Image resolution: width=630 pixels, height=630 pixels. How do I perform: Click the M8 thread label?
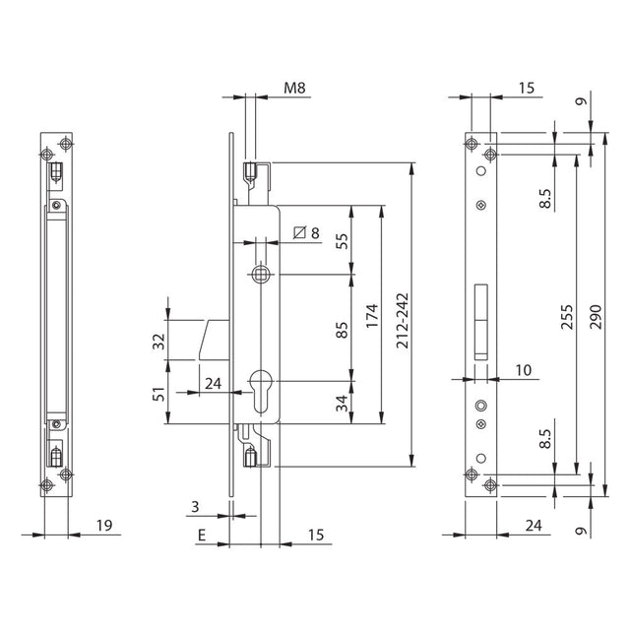pos(294,88)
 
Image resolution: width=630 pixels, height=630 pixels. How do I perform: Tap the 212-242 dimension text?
pos(403,320)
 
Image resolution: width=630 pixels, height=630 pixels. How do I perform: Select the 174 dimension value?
pos(372,316)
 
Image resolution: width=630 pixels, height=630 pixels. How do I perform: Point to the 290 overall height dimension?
pos(596,317)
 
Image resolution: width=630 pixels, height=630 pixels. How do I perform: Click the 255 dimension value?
pos(567,317)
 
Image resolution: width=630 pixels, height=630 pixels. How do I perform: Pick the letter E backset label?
pos(202,535)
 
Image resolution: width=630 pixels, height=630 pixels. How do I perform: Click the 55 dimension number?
pos(343,241)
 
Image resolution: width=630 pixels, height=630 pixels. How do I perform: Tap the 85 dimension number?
pos(343,330)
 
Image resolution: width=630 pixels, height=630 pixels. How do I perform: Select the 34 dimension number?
pos(343,403)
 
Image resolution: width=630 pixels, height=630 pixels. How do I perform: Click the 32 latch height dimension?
pos(159,342)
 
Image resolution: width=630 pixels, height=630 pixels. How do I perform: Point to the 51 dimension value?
pos(159,394)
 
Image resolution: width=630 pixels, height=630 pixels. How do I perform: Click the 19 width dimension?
pos(104,525)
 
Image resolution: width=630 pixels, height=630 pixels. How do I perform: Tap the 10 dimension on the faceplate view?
pos(523,370)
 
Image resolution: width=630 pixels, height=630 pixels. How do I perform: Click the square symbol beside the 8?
pos(299,232)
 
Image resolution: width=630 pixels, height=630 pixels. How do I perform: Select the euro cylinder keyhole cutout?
pos(261,390)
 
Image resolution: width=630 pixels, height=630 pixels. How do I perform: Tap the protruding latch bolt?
pos(214,340)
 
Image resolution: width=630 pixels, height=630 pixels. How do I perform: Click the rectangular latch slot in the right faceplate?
pos(481,322)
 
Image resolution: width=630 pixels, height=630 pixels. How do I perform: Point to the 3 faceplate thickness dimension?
pos(195,507)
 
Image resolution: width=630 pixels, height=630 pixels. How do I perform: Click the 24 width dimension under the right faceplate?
pos(534,525)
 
